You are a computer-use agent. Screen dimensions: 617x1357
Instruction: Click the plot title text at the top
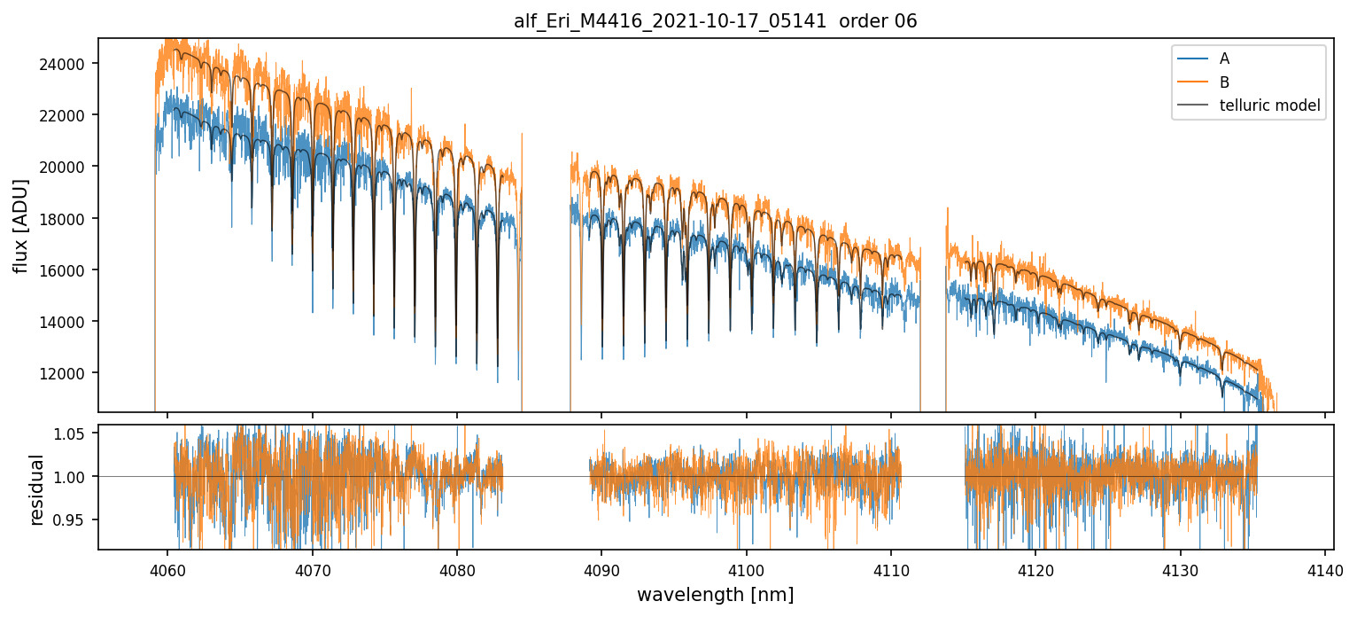tap(716, 21)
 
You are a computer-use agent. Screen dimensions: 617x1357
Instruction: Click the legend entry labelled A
tap(1224, 59)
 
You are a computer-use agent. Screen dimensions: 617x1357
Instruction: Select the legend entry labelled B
tap(1224, 82)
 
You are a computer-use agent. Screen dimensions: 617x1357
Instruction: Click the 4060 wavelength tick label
tap(167, 567)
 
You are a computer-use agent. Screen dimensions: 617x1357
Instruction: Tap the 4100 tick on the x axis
tap(746, 567)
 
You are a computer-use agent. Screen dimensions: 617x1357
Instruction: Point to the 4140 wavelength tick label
tap(1324, 567)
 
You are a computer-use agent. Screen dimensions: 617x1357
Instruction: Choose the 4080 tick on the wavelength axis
tap(457, 567)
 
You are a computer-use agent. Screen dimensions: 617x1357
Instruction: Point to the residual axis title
tap(37, 488)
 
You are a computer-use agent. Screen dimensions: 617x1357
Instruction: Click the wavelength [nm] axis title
tap(715, 594)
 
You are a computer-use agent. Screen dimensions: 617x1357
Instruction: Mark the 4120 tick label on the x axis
tap(1035, 567)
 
